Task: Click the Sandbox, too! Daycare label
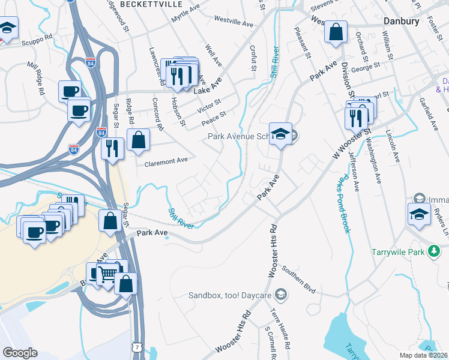231,295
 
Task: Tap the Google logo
20,353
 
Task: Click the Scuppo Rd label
37,43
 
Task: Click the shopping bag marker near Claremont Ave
139,140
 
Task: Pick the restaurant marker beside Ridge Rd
112,148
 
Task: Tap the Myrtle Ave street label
185,13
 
